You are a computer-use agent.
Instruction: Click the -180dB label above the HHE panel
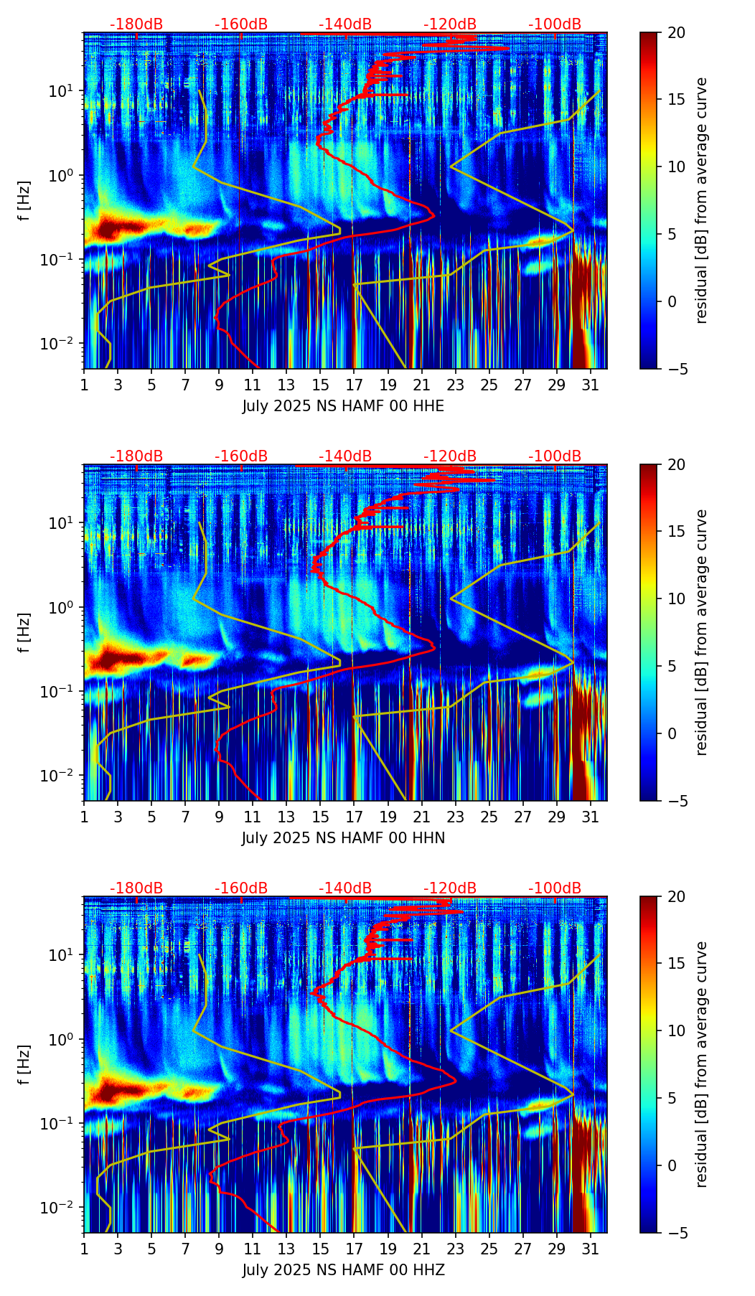pos(136,24)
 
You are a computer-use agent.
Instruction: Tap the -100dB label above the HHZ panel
pos(555,888)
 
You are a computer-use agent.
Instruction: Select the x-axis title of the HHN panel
pos(343,838)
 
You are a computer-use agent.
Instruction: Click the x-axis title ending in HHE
pos(343,406)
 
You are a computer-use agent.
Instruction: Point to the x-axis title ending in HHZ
pos(343,1270)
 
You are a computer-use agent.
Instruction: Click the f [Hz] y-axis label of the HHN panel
pos(25,632)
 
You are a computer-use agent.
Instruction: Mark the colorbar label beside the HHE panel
pos(701,200)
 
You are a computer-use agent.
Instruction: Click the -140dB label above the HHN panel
pos(345,456)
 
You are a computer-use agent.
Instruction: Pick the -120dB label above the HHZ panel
pos(450,888)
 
